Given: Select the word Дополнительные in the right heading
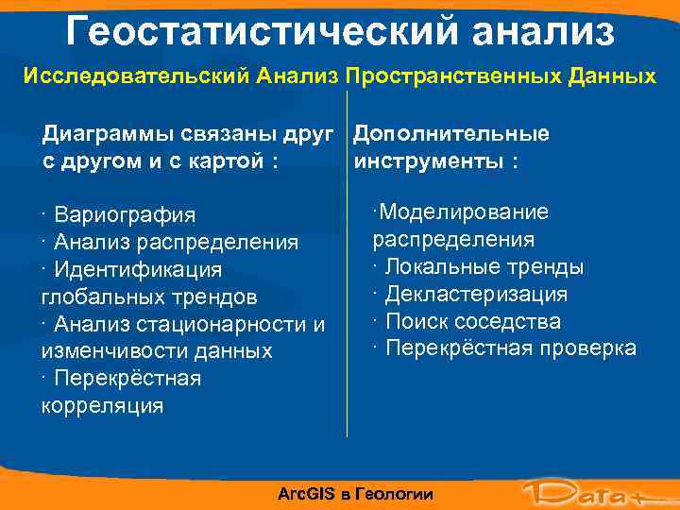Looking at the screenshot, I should [451, 134].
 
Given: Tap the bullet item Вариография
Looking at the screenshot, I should [124, 215].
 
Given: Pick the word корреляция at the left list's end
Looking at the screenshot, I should [102, 406].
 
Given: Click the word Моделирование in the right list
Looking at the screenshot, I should [463, 212].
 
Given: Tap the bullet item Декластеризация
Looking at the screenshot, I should [476, 295].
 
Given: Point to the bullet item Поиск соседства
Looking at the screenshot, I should [472, 322].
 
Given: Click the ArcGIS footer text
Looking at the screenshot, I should [356, 494].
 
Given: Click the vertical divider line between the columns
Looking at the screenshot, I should [348, 283].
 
